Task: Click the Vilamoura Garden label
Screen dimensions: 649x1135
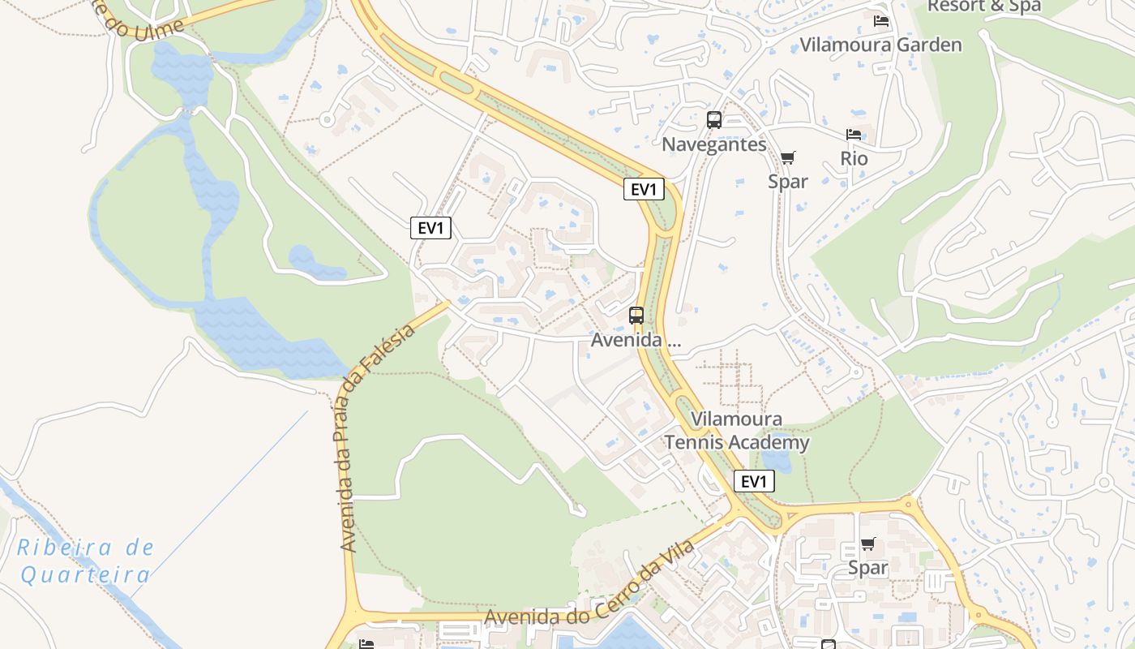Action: coord(880,45)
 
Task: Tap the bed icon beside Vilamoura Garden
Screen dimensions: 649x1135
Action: coord(881,21)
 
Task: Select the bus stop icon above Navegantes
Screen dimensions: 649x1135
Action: coord(713,120)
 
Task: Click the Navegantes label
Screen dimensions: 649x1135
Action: coord(713,144)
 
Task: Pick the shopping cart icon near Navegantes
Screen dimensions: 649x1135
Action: coord(787,157)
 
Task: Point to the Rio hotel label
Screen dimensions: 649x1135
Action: coord(854,158)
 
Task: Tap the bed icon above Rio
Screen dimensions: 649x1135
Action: coord(853,135)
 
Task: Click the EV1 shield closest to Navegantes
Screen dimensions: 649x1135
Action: coord(644,190)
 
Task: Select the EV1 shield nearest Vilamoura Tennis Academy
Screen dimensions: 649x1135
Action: coord(754,481)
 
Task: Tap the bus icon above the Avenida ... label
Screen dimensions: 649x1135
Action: coord(636,316)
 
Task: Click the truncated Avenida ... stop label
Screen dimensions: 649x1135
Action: coord(636,340)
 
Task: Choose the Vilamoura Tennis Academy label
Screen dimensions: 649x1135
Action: coord(737,431)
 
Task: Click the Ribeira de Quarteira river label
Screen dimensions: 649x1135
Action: coord(85,561)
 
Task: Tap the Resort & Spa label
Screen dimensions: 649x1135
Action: coord(983,6)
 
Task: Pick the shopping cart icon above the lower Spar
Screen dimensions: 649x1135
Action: coord(867,544)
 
